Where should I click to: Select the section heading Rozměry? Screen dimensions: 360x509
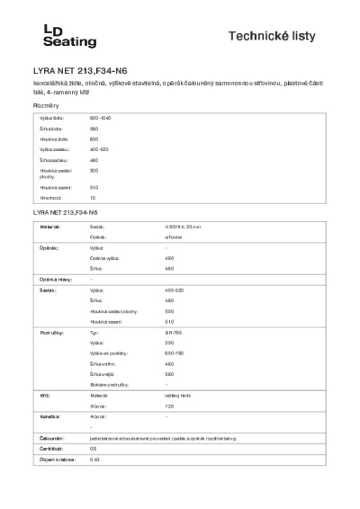pos(46,106)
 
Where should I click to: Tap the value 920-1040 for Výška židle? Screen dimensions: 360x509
pos(100,119)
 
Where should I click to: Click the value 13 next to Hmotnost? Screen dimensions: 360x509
pos(93,196)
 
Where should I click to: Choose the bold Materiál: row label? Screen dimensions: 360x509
pos(49,228)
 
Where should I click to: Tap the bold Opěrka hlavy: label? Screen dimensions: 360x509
pos(55,280)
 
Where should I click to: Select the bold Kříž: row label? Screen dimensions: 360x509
pos(43,395)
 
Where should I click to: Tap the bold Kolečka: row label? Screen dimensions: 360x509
pos(49,416)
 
